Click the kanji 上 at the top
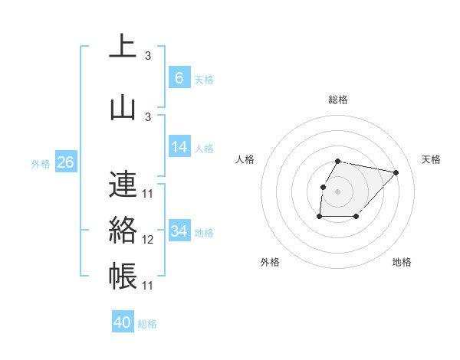(x=123, y=47)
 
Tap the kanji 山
(x=123, y=107)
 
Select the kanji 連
(x=123, y=185)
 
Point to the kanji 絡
(x=123, y=230)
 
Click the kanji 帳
(x=123, y=277)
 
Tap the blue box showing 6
(x=179, y=78)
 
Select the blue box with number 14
(x=179, y=148)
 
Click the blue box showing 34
(x=179, y=231)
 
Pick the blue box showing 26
(x=65, y=162)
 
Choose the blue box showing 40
(x=123, y=322)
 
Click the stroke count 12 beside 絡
(x=148, y=240)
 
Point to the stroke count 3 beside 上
(x=147, y=56)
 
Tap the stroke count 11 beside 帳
(x=148, y=286)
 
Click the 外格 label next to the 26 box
(x=41, y=163)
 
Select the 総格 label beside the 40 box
(x=147, y=324)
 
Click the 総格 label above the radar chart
(x=338, y=100)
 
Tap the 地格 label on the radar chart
(x=402, y=262)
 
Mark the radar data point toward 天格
(x=396, y=173)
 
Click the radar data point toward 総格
(x=338, y=161)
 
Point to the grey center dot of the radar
(x=338, y=191)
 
